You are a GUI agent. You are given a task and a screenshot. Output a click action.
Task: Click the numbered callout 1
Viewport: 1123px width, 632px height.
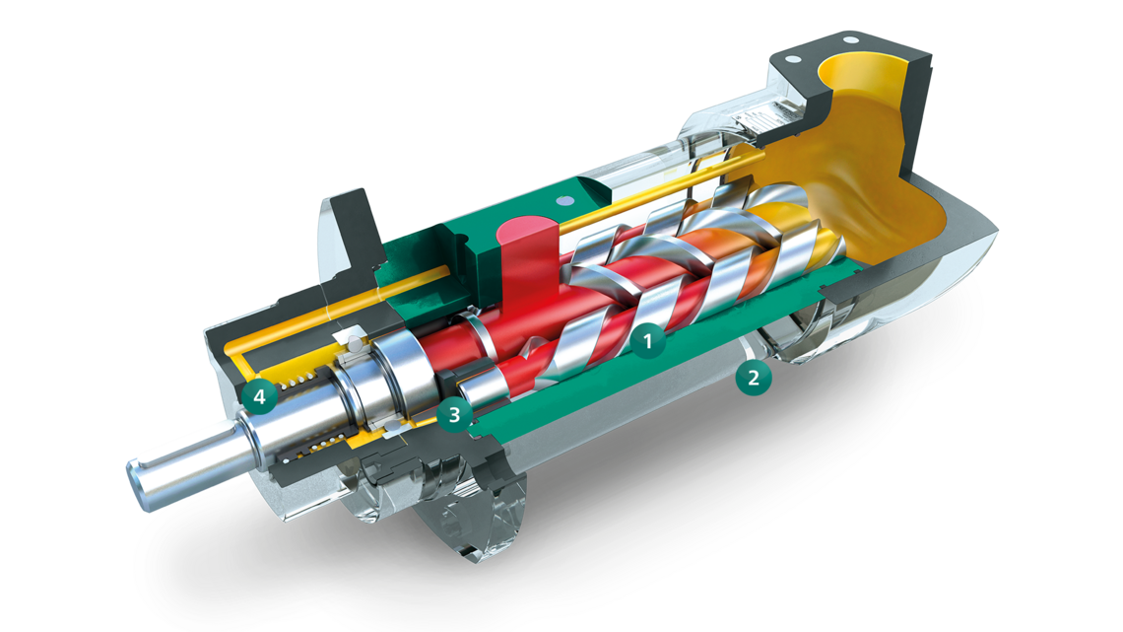coord(648,342)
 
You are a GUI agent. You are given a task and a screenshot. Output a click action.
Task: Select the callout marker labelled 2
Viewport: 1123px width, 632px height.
coord(754,376)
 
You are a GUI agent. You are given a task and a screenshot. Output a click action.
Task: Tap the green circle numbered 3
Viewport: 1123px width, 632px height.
coord(454,415)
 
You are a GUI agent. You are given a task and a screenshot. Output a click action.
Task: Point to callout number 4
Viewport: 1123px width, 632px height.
coord(259,398)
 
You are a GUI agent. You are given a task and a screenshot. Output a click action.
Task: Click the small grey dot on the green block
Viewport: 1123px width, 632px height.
coord(562,201)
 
